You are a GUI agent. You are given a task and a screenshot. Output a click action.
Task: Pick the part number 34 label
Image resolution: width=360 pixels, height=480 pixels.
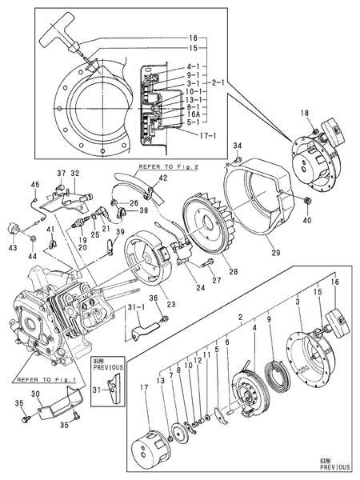pyautogui.click(x=237, y=145)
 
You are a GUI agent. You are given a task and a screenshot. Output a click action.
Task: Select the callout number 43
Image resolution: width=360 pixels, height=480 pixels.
pyautogui.click(x=11, y=246)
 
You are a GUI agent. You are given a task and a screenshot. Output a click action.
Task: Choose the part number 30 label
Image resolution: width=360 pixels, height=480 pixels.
pyautogui.click(x=34, y=395)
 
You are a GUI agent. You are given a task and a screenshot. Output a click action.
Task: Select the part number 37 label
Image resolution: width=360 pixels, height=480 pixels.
pyautogui.click(x=60, y=174)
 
